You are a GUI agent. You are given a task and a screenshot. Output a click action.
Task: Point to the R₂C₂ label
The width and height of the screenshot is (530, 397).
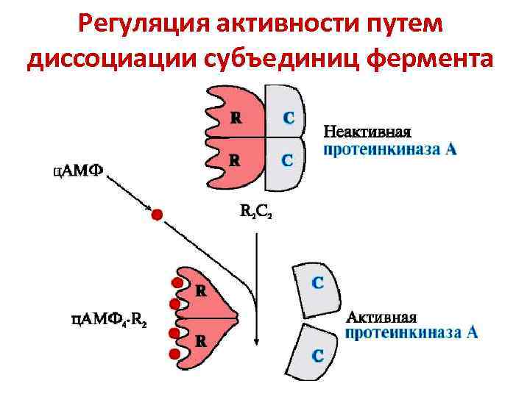pyautogui.click(x=256, y=212)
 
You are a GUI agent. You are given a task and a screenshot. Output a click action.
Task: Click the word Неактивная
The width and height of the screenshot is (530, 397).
pyautogui.click(x=367, y=132)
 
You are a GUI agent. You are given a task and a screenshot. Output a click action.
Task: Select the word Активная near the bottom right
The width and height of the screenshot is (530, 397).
pyautogui.click(x=381, y=318)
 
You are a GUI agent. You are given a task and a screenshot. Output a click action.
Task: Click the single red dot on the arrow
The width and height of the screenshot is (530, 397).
pyautogui.click(x=156, y=215)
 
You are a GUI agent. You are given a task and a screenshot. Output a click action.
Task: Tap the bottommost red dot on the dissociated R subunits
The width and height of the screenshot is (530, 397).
pyautogui.click(x=174, y=354)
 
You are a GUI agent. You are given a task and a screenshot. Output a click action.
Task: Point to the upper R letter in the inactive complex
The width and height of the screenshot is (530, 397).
pyautogui.click(x=235, y=117)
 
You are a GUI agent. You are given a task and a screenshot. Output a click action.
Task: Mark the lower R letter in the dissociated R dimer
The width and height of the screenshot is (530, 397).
pyautogui.click(x=199, y=341)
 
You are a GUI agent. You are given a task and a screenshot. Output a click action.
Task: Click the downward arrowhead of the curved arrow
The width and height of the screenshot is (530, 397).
pyautogui.click(x=255, y=340)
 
